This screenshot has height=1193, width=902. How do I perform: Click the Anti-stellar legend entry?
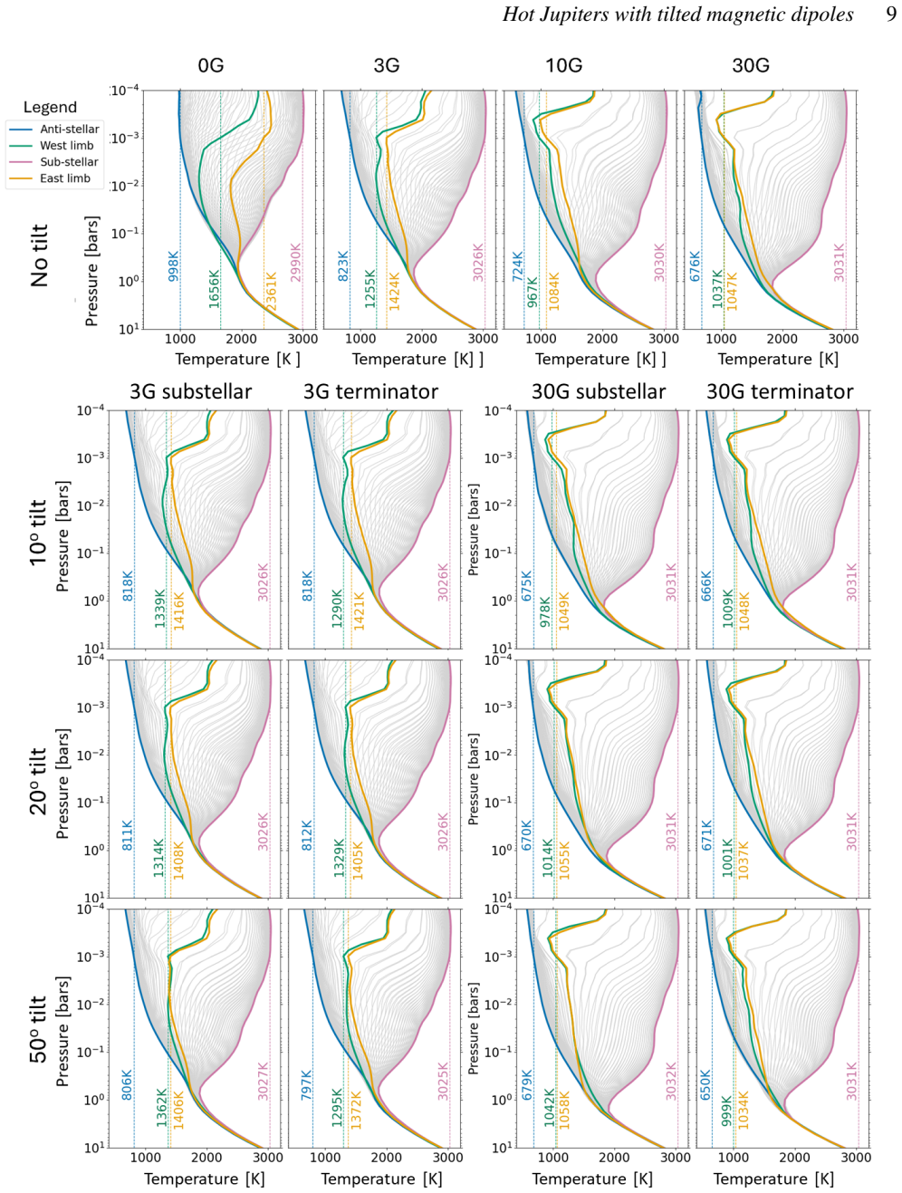[53, 130]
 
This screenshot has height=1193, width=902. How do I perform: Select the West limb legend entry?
[51, 146]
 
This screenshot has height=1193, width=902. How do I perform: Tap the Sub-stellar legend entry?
[53, 162]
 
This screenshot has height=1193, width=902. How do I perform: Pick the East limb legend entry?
[49, 178]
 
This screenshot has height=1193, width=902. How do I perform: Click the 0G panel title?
[211, 66]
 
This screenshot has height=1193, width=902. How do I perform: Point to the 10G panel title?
[563, 66]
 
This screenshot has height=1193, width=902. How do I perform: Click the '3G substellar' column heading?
[191, 392]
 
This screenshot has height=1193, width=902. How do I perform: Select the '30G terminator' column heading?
[780, 392]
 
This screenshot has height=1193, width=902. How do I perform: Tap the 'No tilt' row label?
[40, 255]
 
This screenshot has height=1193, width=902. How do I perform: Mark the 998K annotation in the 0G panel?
[173, 266]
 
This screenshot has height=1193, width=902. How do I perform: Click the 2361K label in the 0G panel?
[271, 292]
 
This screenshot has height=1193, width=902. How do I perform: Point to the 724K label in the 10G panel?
[517, 266]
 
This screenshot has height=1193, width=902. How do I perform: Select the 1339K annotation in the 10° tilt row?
[159, 608]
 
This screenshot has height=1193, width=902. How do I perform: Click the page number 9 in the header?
[891, 14]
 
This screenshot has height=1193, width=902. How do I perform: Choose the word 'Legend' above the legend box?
[50, 107]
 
